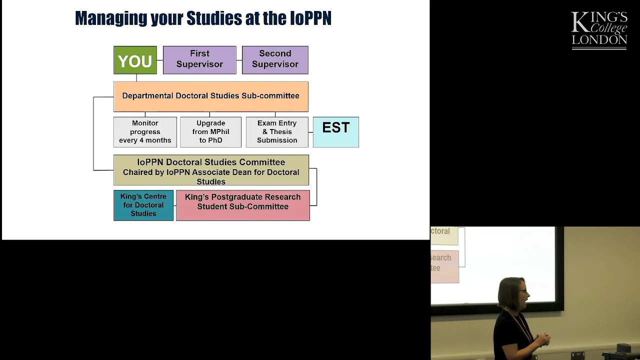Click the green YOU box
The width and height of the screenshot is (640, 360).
[x=135, y=60]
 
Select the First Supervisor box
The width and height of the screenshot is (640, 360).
[x=199, y=60]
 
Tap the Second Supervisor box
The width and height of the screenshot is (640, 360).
[x=275, y=60]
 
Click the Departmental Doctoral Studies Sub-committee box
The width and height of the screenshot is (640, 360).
[x=211, y=96]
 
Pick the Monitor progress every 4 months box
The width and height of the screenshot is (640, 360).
[x=145, y=132]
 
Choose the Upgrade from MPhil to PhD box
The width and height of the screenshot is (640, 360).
[x=211, y=132]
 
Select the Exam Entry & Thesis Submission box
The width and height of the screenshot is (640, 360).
[x=277, y=132]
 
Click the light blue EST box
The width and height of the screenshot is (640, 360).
[x=336, y=132]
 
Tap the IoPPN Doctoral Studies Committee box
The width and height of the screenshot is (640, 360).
[x=211, y=170]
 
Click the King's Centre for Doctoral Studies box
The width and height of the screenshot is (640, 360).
[x=143, y=205]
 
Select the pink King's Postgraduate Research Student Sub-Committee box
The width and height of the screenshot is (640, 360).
[x=243, y=205]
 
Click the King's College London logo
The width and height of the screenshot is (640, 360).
[x=599, y=30]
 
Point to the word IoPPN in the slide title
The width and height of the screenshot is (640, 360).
[x=310, y=18]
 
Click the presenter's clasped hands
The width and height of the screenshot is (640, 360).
[x=542, y=340]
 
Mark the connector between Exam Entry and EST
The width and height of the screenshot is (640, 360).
[x=311, y=132]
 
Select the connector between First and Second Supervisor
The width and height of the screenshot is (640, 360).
[x=239, y=60]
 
